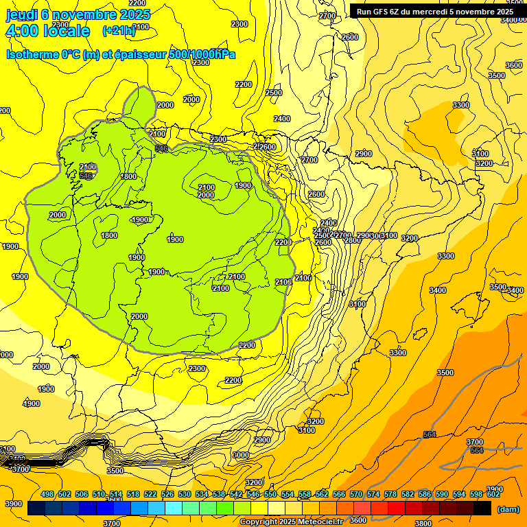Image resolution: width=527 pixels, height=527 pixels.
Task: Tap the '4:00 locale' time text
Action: pos(47,31)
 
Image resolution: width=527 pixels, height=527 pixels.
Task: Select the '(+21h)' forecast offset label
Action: pos(119,31)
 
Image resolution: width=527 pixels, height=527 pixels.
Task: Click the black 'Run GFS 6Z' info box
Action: pos(434,11)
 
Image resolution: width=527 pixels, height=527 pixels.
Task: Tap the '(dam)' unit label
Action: pos(507,508)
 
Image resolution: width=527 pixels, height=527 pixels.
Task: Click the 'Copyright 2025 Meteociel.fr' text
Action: pos(292,522)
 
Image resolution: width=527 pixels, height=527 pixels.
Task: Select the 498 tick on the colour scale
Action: pos(47,495)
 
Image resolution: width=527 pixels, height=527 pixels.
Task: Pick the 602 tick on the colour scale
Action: pos(493,495)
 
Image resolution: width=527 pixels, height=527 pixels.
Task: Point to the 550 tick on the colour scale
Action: pos(270,495)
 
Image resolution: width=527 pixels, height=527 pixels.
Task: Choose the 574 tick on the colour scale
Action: pos(373,495)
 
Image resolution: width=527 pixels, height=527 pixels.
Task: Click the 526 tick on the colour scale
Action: pos(167,495)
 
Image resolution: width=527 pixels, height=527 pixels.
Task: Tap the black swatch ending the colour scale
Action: pos(482,508)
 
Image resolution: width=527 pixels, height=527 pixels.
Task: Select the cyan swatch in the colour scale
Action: pos(174,508)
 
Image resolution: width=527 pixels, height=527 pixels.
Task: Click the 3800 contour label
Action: pos(423,523)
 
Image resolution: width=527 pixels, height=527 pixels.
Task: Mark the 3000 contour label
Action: pos(240,456)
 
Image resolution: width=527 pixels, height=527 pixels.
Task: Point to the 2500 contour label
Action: pos(274,93)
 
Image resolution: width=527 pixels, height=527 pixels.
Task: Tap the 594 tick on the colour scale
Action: pos(459,495)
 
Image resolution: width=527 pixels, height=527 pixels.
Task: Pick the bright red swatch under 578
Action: pos(397,508)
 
